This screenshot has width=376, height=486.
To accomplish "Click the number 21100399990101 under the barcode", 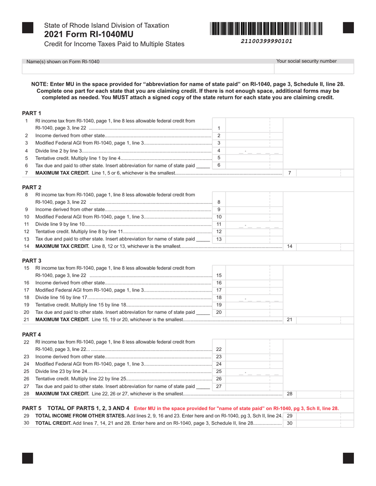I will (267, 41).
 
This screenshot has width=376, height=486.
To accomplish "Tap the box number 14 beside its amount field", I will (289, 247).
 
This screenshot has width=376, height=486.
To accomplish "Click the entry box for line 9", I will (254, 209).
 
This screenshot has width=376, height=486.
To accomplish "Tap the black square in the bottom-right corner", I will (348, 458).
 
